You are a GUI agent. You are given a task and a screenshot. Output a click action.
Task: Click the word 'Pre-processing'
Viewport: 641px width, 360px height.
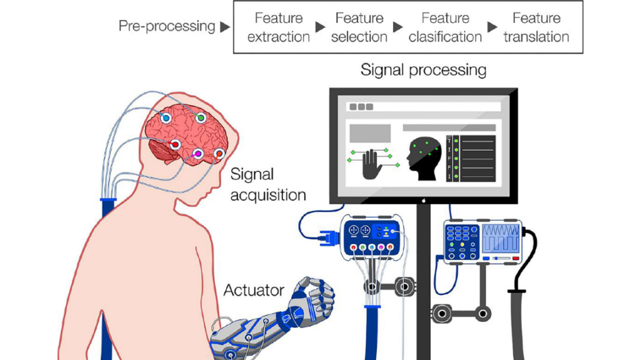pos(167,26)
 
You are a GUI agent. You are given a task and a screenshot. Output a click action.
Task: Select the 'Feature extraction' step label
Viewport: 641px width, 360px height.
pos(279,28)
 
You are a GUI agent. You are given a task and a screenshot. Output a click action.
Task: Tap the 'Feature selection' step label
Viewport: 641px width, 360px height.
pos(359,28)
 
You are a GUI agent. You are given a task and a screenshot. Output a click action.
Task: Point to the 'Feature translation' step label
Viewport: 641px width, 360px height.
pos(536,28)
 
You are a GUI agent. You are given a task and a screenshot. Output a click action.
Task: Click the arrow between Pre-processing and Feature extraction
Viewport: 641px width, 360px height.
pos(225,27)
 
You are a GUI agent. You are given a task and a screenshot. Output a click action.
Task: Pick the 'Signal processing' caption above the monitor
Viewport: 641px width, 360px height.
pos(423,69)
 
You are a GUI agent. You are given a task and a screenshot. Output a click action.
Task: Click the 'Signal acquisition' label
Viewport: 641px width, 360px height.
pos(268,184)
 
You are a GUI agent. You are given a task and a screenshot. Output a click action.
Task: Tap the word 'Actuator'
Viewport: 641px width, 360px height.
pos(254,291)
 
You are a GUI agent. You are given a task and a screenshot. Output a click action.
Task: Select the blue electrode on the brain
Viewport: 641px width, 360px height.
pos(166,118)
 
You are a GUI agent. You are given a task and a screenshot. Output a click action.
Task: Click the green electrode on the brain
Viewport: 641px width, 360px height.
pos(200,117)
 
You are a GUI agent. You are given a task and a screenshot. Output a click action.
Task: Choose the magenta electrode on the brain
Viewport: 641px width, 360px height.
pos(198,153)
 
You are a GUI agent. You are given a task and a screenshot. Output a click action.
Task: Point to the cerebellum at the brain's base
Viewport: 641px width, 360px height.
pos(161,152)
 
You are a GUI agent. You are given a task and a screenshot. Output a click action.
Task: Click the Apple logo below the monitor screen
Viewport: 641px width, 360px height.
pos(423,200)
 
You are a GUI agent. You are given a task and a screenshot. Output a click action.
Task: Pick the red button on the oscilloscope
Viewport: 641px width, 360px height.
pos(515,257)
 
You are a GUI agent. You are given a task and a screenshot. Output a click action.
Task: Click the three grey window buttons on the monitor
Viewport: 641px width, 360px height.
pos(362,106)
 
